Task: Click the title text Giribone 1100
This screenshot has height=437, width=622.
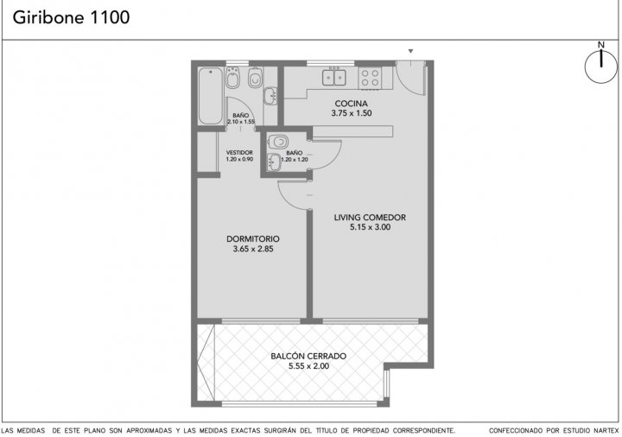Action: click(x=71, y=17)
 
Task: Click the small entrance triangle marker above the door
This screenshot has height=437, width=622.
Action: click(x=410, y=51)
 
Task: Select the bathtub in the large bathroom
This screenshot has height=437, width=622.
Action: click(x=210, y=96)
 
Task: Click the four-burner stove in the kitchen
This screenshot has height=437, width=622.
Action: click(x=370, y=78)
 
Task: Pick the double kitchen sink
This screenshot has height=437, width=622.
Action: click(x=333, y=77)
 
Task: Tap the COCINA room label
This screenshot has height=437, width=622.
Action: click(x=351, y=104)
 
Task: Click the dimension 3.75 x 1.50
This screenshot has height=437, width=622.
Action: click(x=352, y=113)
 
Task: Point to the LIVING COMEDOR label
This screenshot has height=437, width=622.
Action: click(x=370, y=218)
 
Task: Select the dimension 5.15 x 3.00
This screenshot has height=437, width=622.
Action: click(x=370, y=227)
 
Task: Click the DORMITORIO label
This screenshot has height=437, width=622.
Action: click(x=252, y=239)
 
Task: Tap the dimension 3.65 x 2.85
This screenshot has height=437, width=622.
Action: click(x=253, y=249)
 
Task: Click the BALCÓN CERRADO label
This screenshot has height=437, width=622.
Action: click(x=308, y=356)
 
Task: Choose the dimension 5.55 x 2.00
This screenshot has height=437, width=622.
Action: click(x=308, y=366)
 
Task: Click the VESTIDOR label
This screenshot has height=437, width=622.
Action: click(x=239, y=153)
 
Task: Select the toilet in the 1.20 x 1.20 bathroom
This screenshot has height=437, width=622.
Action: click(x=278, y=142)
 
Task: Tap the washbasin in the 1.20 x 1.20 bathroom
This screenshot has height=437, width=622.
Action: click(x=274, y=161)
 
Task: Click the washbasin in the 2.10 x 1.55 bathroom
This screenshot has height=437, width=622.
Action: click(x=270, y=96)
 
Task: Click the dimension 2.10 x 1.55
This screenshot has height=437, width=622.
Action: click(x=241, y=122)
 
